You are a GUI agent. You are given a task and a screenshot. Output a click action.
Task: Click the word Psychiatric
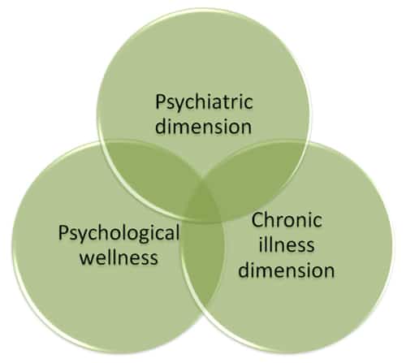click(x=205, y=102)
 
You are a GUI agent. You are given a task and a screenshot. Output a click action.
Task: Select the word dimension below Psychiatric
click(x=203, y=126)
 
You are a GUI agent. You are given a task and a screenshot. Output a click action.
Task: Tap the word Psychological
click(x=119, y=234)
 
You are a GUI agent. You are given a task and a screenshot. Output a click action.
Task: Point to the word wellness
click(x=119, y=257)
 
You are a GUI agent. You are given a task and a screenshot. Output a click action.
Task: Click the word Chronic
click(x=287, y=220)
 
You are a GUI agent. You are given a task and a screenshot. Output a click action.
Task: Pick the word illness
click(x=287, y=244)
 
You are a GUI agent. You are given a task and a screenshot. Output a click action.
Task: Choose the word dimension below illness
click(x=287, y=270)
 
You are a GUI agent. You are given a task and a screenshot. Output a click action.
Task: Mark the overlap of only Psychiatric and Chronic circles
click(x=254, y=173)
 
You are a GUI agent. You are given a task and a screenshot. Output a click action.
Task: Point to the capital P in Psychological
click(x=63, y=232)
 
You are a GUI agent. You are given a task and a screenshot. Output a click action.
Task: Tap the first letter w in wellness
click(x=87, y=259)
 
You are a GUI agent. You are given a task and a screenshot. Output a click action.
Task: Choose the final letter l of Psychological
click(x=177, y=232)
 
